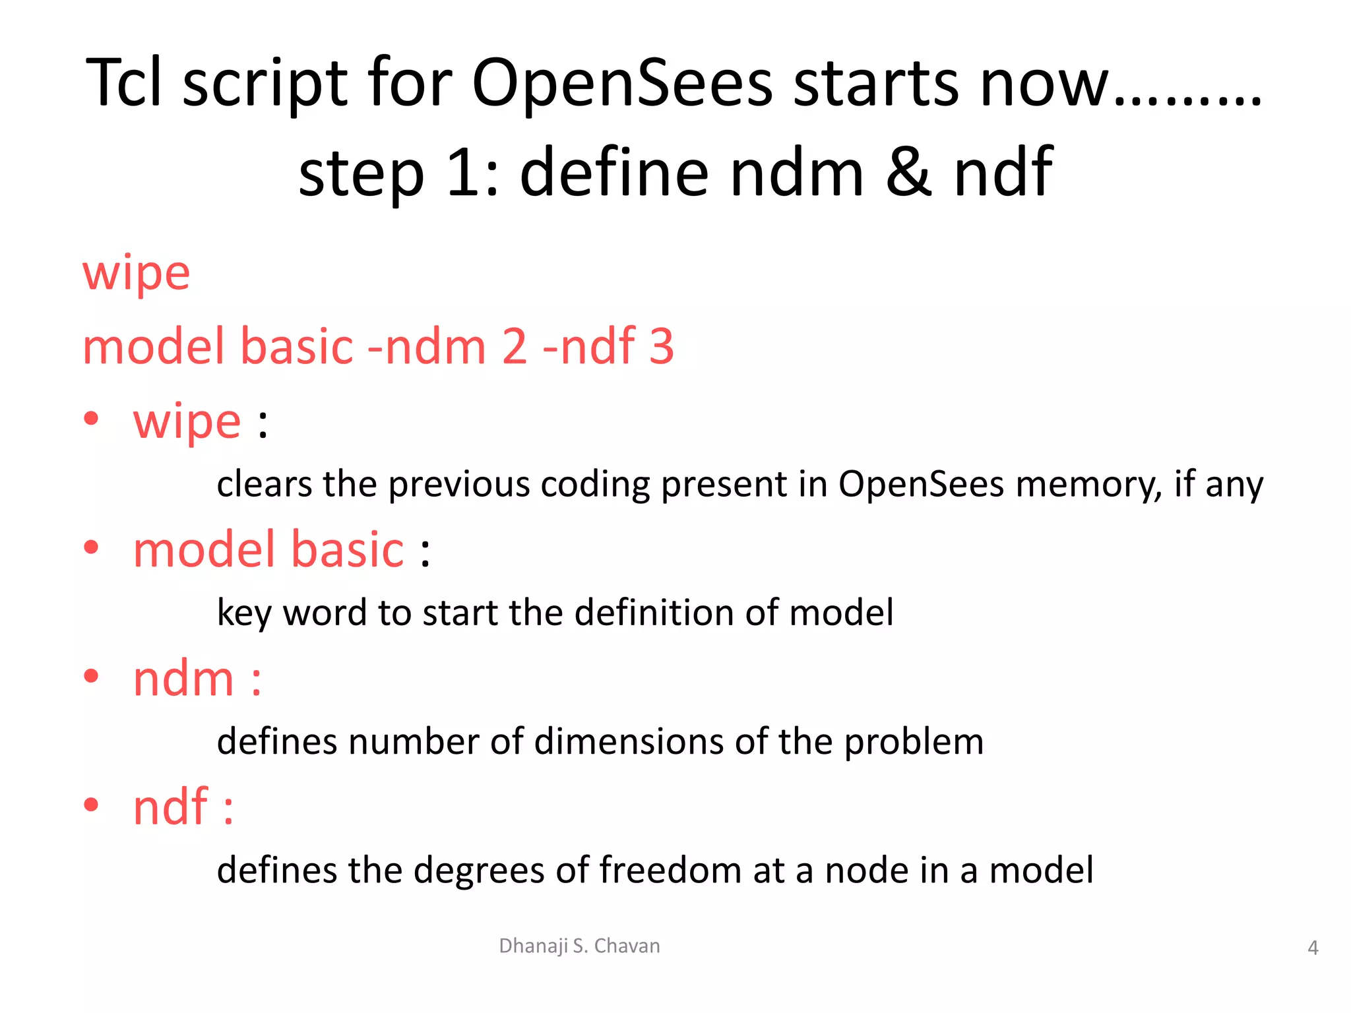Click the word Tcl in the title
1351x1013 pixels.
click(124, 83)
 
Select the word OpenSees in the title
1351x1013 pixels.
click(621, 83)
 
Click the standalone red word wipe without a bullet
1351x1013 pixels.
click(136, 274)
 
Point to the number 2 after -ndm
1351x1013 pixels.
click(515, 346)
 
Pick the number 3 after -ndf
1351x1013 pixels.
click(662, 346)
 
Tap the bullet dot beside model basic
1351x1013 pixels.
click(91, 547)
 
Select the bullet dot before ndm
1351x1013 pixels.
click(91, 675)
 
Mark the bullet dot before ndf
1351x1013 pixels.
click(91, 804)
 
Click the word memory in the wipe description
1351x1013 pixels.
click(1088, 485)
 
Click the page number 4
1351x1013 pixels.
click(1313, 948)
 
